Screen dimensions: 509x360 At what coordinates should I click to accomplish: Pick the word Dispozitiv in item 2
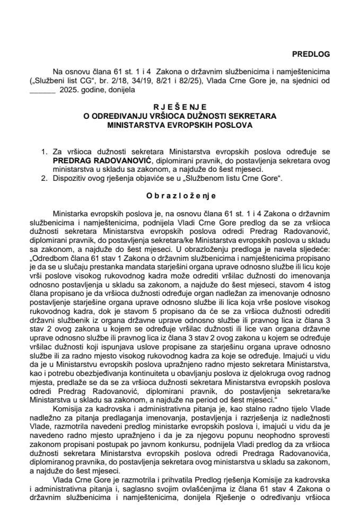tap(70, 179)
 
